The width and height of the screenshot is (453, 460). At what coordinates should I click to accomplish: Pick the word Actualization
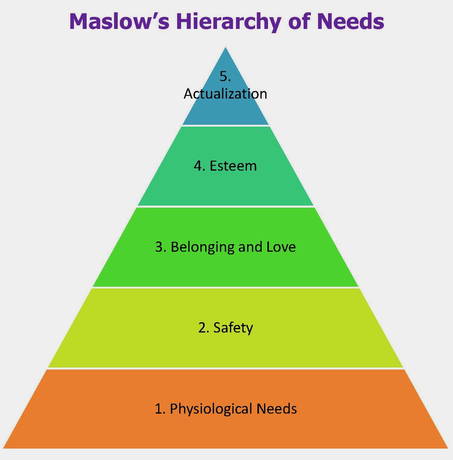click(x=225, y=94)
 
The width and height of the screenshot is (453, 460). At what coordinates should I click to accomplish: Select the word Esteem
click(x=233, y=166)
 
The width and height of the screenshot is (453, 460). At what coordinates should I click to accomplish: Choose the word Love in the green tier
click(x=281, y=247)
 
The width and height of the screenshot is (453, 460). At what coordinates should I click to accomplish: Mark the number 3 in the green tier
click(x=159, y=247)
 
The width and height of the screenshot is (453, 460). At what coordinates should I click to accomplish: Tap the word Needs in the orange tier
click(x=276, y=409)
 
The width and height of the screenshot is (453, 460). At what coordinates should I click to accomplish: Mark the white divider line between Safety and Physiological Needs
click(x=225, y=368)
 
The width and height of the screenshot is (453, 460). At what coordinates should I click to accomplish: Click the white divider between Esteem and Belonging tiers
click(x=225, y=206)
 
